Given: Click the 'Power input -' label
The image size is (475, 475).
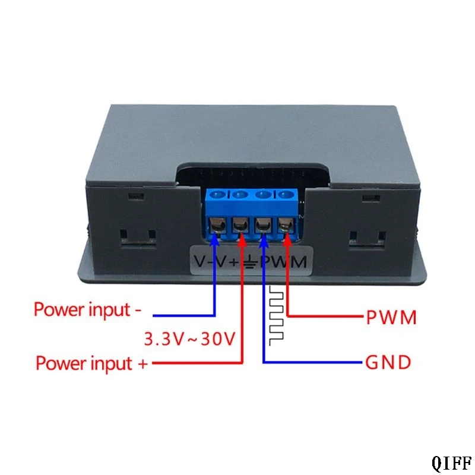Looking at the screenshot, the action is [87, 309].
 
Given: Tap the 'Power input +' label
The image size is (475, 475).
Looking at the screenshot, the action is [91, 363].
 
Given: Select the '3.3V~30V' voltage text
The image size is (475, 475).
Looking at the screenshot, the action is [189, 338].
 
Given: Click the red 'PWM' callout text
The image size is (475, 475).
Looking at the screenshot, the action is [391, 318].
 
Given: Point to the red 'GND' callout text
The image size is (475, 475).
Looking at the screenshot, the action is [388, 362].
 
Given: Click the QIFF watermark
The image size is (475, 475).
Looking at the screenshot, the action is [452, 463].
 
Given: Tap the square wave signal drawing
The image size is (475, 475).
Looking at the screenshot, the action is [276, 315].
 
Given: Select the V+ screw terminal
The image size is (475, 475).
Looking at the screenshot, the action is [241, 226].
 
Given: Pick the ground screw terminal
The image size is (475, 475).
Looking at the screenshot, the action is [264, 226].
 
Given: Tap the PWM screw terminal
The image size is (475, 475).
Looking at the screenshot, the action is [286, 226].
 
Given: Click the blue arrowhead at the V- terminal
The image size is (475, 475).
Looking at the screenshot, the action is [215, 239].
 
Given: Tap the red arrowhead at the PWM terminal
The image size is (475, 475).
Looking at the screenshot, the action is [287, 239].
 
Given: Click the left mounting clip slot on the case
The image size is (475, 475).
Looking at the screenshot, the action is [138, 239].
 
